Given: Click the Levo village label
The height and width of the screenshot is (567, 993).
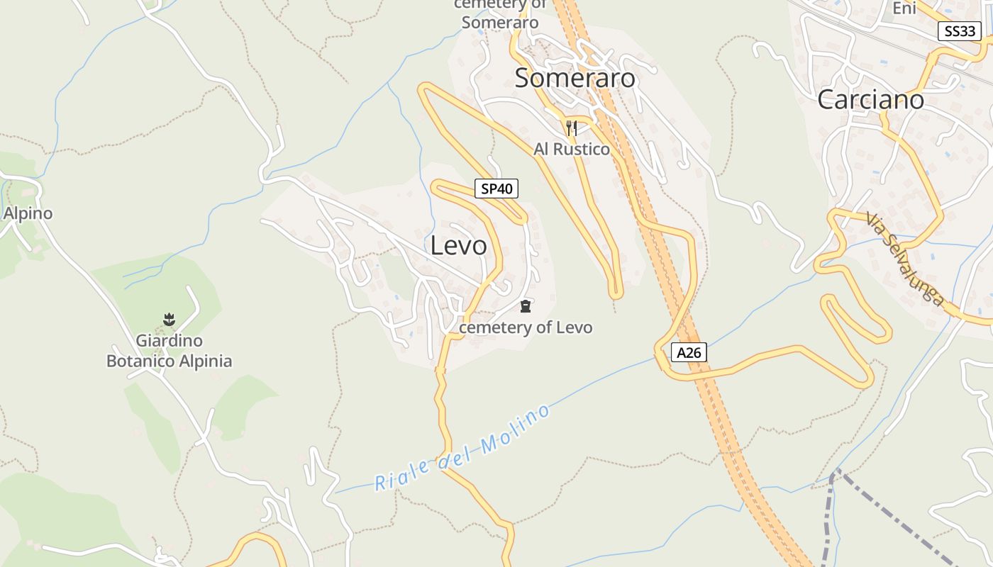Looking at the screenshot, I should [459, 245].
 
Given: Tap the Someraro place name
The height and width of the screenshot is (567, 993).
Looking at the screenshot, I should [575, 78].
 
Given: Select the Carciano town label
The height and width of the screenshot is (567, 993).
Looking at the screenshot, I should [870, 99].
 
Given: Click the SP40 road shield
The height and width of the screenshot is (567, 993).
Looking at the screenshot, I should [496, 189].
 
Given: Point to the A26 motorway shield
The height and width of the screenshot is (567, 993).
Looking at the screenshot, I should [689, 352].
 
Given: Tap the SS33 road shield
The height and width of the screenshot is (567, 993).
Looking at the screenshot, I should [959, 31].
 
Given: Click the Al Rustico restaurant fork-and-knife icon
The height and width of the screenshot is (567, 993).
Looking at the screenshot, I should [572, 128].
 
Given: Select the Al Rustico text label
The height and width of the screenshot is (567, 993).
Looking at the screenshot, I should [572, 149].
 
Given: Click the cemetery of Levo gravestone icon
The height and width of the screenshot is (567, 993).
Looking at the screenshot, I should [526, 307].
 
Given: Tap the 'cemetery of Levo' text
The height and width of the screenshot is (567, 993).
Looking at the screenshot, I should [526, 327].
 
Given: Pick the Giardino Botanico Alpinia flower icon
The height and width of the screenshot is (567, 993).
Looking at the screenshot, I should [169, 320].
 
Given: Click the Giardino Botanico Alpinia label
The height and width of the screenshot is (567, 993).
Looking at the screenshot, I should [169, 351].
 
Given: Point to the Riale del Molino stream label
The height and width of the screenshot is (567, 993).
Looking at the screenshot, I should [462, 448].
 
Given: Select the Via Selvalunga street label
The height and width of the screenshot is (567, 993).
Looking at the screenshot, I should [905, 259].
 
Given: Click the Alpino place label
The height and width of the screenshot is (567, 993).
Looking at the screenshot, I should [28, 213].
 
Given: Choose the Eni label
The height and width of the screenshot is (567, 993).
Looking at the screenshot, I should [904, 9].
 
